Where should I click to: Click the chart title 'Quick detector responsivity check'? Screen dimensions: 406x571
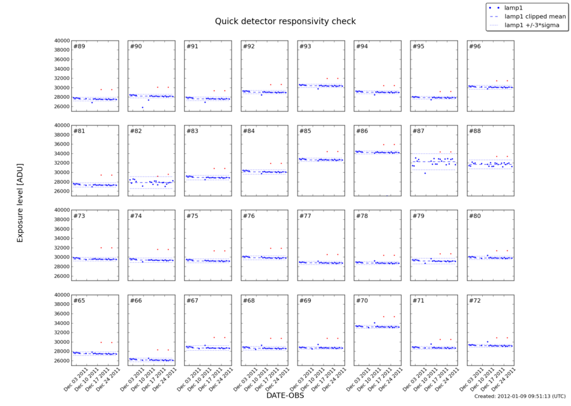click(x=285, y=21)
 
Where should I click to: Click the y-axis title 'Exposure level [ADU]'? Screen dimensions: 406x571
click(x=20, y=201)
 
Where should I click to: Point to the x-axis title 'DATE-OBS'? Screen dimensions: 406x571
click(x=285, y=395)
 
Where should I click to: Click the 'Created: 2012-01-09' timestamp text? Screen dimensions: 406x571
click(x=520, y=396)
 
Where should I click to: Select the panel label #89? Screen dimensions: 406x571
click(x=79, y=46)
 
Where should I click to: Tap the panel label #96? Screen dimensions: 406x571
click(x=475, y=46)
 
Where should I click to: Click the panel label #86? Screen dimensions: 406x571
click(x=362, y=131)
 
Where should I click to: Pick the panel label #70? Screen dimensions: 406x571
click(x=362, y=300)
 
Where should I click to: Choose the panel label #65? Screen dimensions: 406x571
click(x=79, y=300)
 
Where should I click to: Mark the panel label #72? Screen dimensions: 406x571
click(x=475, y=300)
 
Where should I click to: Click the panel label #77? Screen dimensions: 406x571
click(x=306, y=216)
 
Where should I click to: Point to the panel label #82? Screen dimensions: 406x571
click(x=136, y=131)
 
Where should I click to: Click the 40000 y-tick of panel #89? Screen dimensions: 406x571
click(x=62, y=41)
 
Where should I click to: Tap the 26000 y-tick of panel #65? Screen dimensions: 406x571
click(x=62, y=361)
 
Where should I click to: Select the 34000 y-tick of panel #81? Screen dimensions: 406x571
click(x=62, y=153)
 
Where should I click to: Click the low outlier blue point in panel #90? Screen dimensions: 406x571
click(x=143, y=108)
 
